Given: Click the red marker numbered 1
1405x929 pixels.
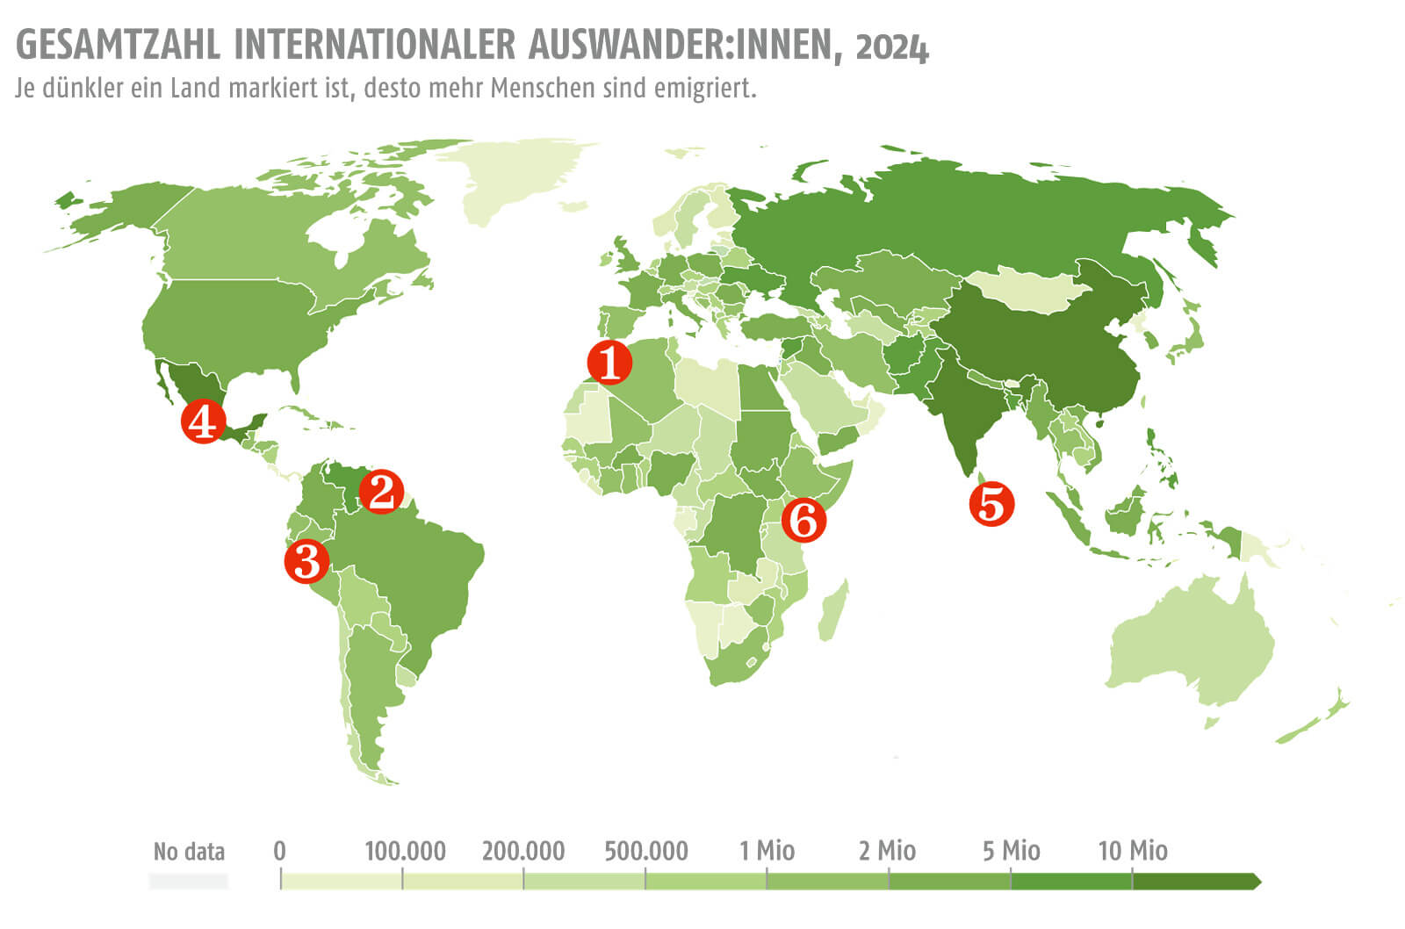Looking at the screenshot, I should [609, 363].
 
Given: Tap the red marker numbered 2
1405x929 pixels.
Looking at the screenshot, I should [381, 492].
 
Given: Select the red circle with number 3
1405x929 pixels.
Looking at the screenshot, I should [306, 560].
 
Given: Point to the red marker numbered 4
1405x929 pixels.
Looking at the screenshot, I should [202, 421].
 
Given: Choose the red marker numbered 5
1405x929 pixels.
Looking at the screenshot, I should [991, 504].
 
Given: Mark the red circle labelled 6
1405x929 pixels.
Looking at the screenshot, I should [803, 519].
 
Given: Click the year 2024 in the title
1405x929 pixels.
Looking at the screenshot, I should [891, 47].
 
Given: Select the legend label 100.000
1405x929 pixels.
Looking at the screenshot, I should [405, 851].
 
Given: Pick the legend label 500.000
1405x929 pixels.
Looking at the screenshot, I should [646, 851].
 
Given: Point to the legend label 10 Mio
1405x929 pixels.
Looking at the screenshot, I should [1133, 851].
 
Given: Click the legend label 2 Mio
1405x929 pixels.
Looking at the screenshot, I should [887, 851].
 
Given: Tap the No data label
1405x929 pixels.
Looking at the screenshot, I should [189, 852].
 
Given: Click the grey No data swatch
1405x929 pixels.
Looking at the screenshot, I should [189, 881].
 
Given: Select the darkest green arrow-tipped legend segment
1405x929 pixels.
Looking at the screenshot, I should [1194, 881].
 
